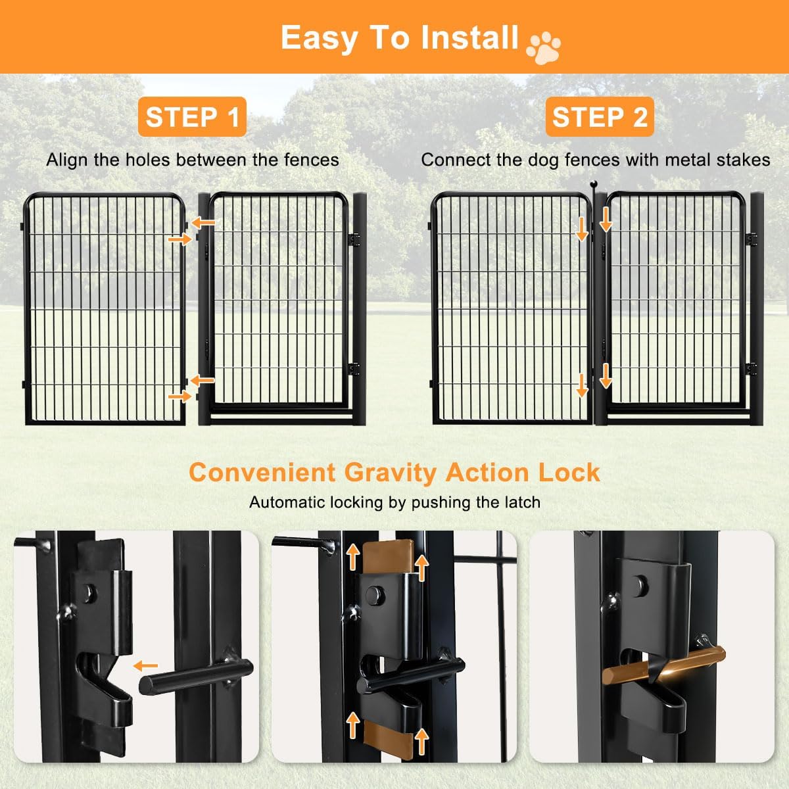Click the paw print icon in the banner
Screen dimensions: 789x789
click(x=544, y=48)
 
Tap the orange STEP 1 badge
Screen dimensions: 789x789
click(x=192, y=116)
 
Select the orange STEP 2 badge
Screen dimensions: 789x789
click(x=600, y=116)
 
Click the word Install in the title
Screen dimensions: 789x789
click(x=470, y=37)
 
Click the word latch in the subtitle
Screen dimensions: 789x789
click(x=522, y=502)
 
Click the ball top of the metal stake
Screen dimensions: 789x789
click(x=594, y=184)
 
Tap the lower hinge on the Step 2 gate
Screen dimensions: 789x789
click(x=750, y=369)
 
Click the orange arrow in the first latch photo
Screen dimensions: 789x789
click(x=146, y=666)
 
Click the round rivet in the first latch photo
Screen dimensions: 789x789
click(x=89, y=593)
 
